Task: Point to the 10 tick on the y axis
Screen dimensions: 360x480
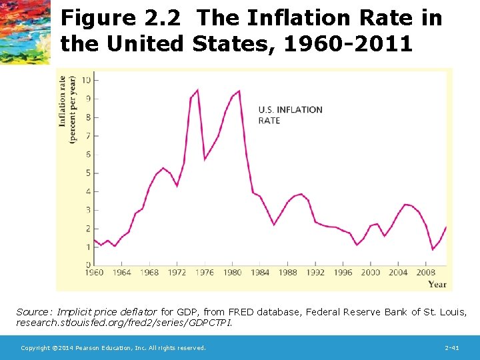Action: [x=87, y=80]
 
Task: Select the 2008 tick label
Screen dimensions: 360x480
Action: [x=427, y=272]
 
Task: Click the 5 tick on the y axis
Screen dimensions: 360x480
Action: [x=88, y=173]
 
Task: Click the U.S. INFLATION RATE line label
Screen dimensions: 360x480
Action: [x=290, y=115]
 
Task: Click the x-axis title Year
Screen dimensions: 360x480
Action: [x=437, y=285]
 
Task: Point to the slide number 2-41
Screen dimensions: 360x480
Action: [x=451, y=348]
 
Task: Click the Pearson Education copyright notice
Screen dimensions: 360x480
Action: [x=113, y=348]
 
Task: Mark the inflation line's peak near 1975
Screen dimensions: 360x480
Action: [x=197, y=90]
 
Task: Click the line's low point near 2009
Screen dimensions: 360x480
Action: [x=433, y=249]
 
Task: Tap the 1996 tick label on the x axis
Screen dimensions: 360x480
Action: [x=343, y=272]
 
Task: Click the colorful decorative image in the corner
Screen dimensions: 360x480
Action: [x=25, y=31]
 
